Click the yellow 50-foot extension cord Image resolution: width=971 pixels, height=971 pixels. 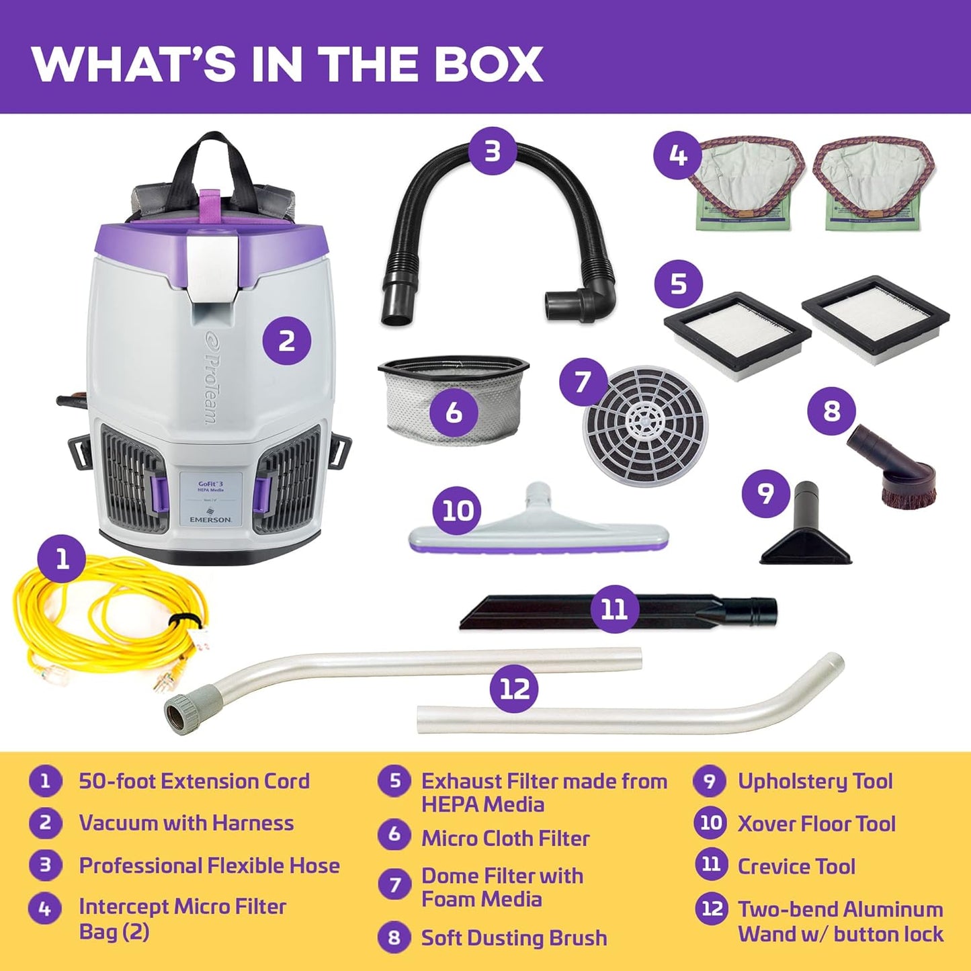coord(101,625)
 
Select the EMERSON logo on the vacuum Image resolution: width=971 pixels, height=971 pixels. coord(210,519)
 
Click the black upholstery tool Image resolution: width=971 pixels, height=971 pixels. coord(806,531)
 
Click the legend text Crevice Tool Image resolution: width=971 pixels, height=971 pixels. coord(796,866)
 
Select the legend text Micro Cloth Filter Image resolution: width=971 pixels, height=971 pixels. coord(505,838)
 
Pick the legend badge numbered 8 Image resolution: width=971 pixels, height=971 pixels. coord(394,937)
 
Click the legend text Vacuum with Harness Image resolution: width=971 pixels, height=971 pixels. coord(186,823)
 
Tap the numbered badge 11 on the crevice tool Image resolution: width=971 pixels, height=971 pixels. coord(614,609)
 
